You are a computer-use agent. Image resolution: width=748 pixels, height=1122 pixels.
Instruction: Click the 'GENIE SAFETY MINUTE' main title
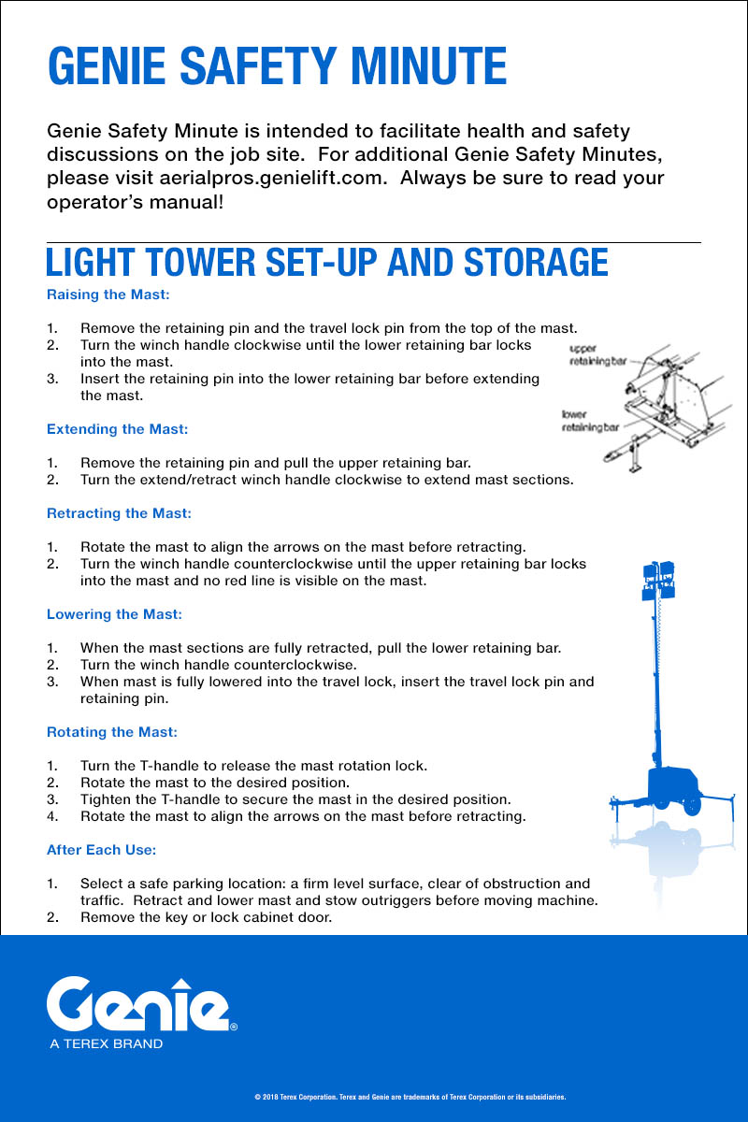pyautogui.click(x=277, y=66)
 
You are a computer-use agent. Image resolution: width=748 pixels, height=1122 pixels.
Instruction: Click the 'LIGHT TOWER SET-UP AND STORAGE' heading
pyautogui.click(x=327, y=263)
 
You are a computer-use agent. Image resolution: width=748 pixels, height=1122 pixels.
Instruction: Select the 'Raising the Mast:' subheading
pyautogui.click(x=108, y=295)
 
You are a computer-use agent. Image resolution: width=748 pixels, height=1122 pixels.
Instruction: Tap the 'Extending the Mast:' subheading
pyautogui.click(x=117, y=429)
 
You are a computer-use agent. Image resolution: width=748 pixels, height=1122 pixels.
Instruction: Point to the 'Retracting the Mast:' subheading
pyautogui.click(x=119, y=513)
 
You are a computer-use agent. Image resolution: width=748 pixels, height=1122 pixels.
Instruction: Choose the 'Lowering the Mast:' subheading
pyautogui.click(x=114, y=614)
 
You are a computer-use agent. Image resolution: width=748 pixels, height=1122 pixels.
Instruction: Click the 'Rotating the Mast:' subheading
pyautogui.click(x=111, y=732)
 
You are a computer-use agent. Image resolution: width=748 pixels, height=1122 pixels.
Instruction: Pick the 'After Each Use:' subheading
pyautogui.click(x=101, y=850)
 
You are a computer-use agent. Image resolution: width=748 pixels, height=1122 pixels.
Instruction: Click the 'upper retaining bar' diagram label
pyautogui.click(x=597, y=354)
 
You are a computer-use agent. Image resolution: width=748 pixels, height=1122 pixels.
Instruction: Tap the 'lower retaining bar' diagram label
pyautogui.click(x=589, y=421)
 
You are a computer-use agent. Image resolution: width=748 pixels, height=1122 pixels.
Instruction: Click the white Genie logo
pyautogui.click(x=140, y=1003)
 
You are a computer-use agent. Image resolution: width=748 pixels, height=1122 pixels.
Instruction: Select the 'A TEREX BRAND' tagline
pyautogui.click(x=106, y=1043)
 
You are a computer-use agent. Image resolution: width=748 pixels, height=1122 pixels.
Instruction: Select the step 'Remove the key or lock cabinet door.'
pyautogui.click(x=206, y=917)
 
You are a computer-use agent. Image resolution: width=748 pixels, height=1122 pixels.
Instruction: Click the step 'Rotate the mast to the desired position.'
pyautogui.click(x=215, y=783)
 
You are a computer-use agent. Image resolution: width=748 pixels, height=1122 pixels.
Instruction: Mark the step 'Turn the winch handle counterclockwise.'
pyautogui.click(x=219, y=665)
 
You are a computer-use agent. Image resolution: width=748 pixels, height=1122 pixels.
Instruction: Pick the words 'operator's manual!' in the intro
pyautogui.click(x=136, y=201)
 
